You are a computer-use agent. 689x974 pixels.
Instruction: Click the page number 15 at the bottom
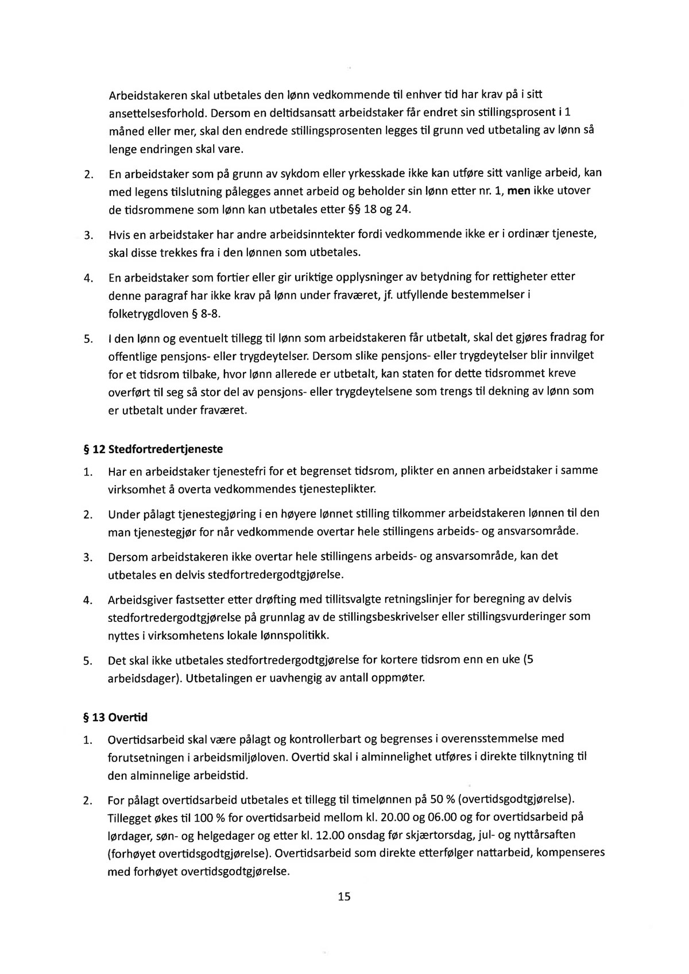(344, 896)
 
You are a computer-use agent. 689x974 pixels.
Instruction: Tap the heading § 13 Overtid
(115, 717)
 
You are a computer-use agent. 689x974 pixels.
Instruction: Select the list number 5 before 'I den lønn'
(88, 339)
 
